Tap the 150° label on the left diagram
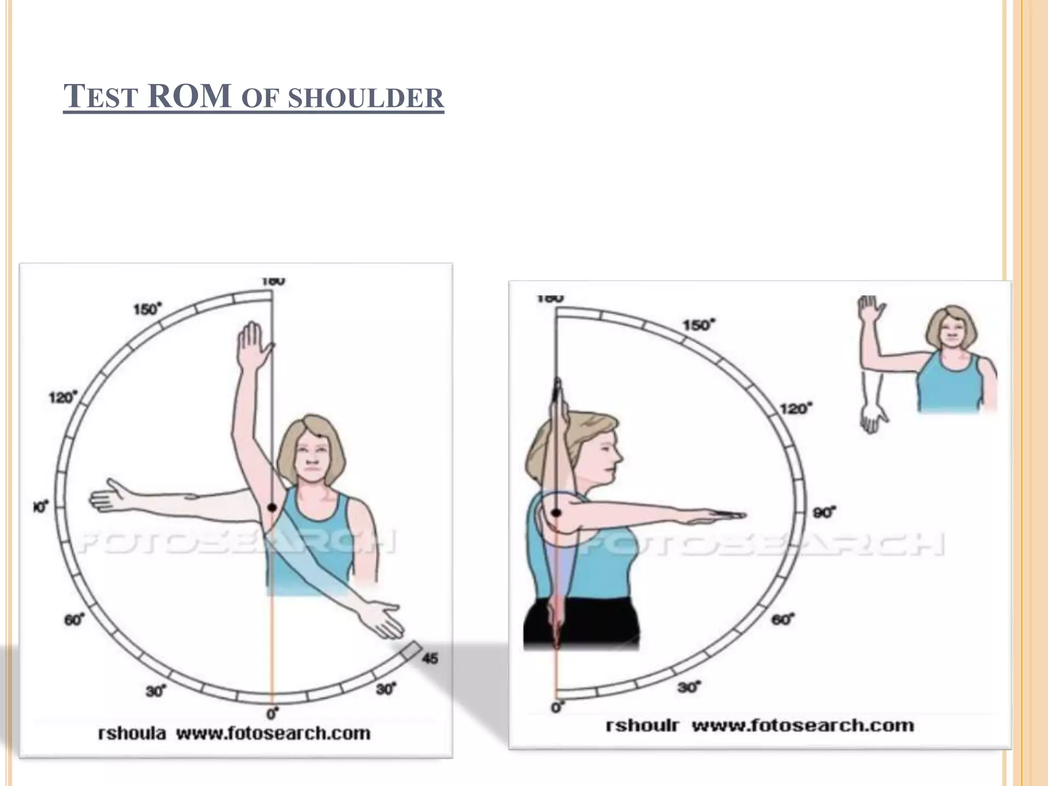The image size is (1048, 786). pyautogui.click(x=147, y=309)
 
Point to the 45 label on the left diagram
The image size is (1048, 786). pyautogui.click(x=430, y=658)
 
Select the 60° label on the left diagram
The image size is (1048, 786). pyautogui.click(x=74, y=620)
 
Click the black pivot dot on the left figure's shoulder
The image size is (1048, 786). pyautogui.click(x=272, y=507)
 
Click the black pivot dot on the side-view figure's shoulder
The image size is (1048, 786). pyautogui.click(x=557, y=512)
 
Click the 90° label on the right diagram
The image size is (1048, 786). pyautogui.click(x=824, y=512)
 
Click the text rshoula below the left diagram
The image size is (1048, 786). pyautogui.click(x=132, y=733)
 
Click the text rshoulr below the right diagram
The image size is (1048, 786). pyautogui.click(x=642, y=726)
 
